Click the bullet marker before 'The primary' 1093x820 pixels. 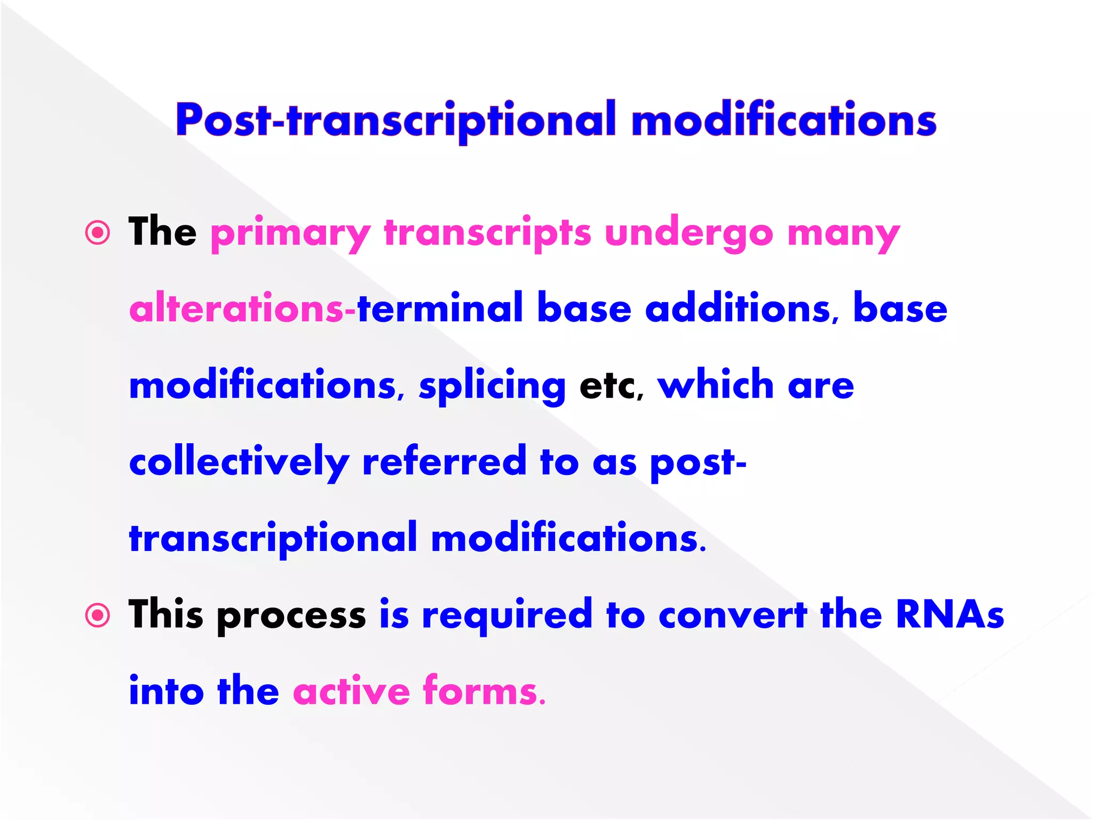click(98, 233)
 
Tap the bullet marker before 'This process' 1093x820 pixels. click(98, 616)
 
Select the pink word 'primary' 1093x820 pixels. click(290, 233)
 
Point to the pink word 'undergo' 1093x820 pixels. click(688, 233)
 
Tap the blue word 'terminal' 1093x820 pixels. click(440, 309)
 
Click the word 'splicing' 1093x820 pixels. click(492, 386)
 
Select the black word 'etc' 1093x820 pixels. click(607, 386)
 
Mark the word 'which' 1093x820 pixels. click(715, 385)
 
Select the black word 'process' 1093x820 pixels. click(291, 616)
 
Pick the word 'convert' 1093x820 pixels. click(733, 616)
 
